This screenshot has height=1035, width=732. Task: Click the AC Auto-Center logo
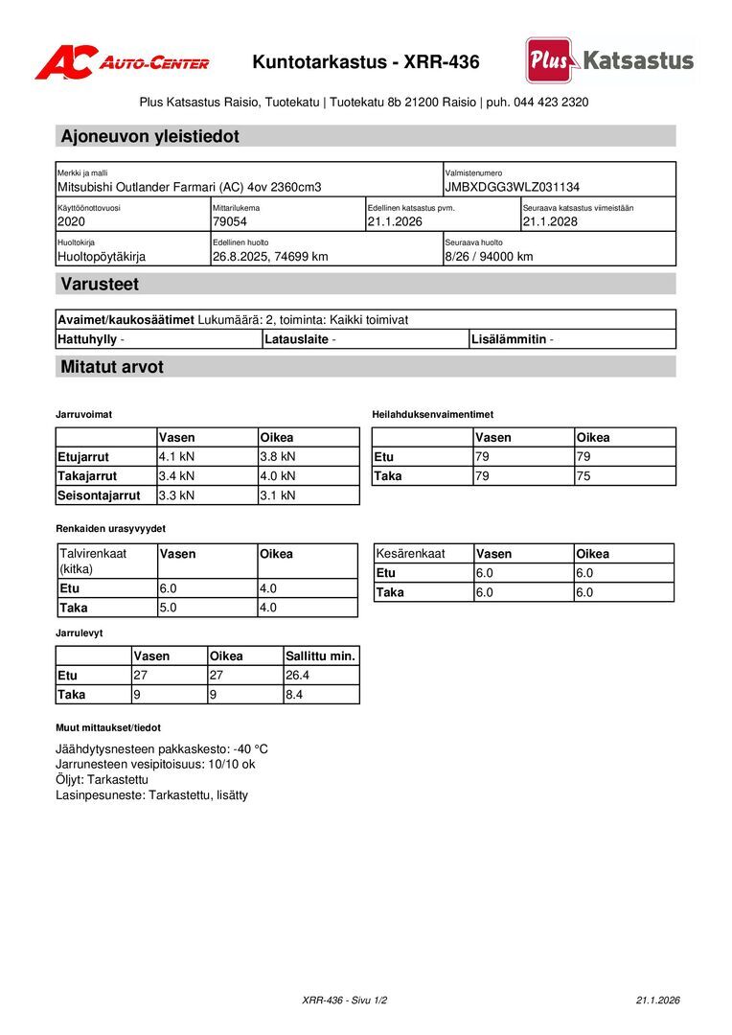point(122,62)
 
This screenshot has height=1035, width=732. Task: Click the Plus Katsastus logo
point(609,60)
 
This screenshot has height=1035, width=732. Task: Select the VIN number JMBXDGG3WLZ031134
point(512,187)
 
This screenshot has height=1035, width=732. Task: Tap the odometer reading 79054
point(230,221)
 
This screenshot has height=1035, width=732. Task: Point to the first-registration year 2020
point(72,221)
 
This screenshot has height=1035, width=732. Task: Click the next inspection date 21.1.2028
point(550,221)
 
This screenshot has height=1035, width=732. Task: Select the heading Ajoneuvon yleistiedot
point(149,136)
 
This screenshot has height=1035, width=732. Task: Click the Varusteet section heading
point(100,284)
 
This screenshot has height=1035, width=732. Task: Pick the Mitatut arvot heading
point(112,367)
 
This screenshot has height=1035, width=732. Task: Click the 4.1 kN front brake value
point(177,457)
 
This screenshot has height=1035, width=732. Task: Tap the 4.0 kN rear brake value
point(278,475)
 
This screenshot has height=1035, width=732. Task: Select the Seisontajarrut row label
point(99,495)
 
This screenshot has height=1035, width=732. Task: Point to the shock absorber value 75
point(583,475)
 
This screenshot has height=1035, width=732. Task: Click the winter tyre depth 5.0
point(169,608)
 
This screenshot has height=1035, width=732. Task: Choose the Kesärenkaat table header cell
point(411,554)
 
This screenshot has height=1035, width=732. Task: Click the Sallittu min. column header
point(321,656)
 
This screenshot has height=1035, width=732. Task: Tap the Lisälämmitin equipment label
point(509,339)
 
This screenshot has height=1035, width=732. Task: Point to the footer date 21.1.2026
point(657,1000)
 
